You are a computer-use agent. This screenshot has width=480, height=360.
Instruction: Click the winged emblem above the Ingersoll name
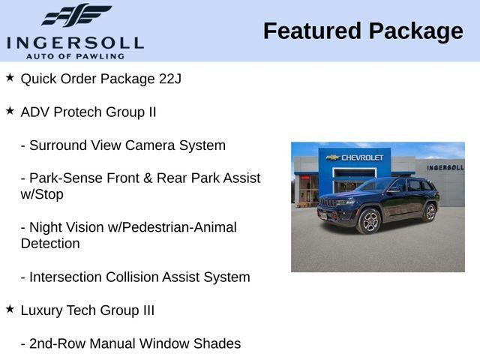tap(76, 15)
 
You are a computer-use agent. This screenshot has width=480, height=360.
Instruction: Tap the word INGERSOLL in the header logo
tap(75, 43)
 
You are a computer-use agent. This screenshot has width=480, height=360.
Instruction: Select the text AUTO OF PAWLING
tap(75, 56)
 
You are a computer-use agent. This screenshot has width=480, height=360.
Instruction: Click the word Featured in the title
tap(312, 31)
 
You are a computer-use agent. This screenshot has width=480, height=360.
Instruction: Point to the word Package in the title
tap(416, 31)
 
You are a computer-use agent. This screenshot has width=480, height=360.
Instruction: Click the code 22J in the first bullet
tap(170, 79)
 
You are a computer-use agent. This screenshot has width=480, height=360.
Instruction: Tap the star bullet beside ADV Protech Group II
tap(10, 110)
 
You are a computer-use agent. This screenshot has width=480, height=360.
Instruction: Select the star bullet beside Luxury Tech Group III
tap(10, 309)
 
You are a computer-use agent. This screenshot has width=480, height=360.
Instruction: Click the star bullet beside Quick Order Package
tap(10, 77)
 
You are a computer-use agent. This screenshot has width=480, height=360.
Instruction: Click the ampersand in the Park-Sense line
tap(148, 178)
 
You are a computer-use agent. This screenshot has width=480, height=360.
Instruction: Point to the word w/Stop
tap(42, 195)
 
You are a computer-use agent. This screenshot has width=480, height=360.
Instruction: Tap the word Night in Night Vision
tap(45, 227)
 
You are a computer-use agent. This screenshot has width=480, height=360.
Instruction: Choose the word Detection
tap(50, 244)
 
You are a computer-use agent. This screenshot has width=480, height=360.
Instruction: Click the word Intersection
tap(65, 277)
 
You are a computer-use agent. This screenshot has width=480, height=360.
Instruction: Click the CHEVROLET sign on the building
tap(355, 157)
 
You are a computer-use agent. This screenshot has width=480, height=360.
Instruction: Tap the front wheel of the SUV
tap(369, 221)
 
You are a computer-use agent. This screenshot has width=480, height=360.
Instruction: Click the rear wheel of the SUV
tap(430, 212)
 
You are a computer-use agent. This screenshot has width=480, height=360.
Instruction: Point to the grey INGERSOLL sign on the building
tap(445, 167)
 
